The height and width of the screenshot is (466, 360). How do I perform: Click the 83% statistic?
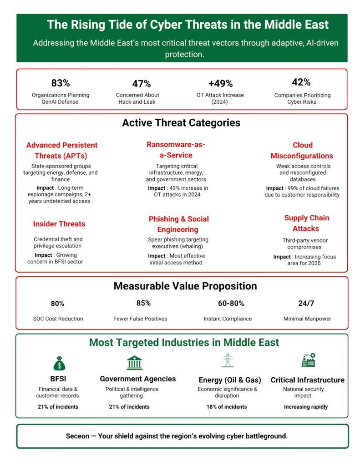click(x=61, y=83)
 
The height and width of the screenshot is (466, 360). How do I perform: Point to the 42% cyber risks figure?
click(x=301, y=82)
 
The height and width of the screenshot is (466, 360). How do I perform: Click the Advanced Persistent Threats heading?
click(x=62, y=150)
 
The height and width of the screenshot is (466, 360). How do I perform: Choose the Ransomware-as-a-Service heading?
click(x=176, y=150)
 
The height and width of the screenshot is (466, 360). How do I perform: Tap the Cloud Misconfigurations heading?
click(x=302, y=150)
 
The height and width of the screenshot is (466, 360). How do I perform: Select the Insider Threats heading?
click(x=59, y=224)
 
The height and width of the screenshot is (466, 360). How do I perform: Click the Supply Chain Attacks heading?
click(x=306, y=223)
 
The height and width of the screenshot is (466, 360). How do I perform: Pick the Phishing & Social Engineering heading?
click(x=179, y=224)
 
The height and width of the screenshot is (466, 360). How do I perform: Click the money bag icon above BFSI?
click(x=60, y=363)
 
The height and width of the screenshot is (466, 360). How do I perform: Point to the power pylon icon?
click(x=227, y=360)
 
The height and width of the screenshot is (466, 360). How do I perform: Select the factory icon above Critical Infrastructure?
click(x=308, y=360)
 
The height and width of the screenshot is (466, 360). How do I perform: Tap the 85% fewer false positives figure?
click(x=143, y=303)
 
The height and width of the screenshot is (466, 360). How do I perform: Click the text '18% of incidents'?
click(x=227, y=407)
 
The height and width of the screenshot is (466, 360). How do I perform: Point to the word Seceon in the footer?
click(x=78, y=436)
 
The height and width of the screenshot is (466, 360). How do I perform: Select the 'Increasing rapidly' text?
click(x=306, y=407)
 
